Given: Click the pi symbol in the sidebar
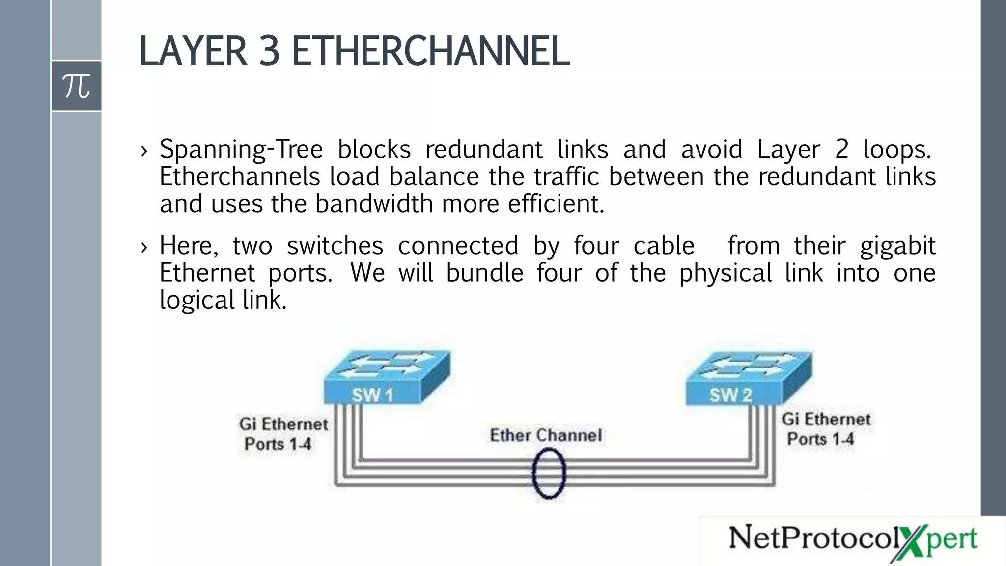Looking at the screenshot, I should (76, 86).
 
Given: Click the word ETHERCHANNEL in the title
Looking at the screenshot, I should (431, 51).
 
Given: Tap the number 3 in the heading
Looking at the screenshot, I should (269, 51).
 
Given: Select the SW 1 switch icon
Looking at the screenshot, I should (387, 377).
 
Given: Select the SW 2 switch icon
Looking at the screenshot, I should (748, 377).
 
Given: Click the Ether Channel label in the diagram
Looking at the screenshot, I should (546, 435).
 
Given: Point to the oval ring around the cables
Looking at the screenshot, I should (549, 474).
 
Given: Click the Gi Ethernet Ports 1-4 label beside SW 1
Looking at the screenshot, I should (282, 434).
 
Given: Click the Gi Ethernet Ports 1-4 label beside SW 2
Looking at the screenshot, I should (826, 429).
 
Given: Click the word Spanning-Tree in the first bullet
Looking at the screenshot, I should (241, 149).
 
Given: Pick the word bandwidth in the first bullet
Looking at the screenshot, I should (373, 204).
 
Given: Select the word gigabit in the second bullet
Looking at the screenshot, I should (897, 246).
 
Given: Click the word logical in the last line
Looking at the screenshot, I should (197, 300).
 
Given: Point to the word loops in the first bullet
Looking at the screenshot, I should (896, 149).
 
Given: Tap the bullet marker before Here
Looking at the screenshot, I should (144, 247).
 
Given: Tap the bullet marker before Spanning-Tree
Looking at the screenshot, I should (144, 151).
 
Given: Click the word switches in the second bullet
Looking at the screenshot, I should (335, 246).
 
